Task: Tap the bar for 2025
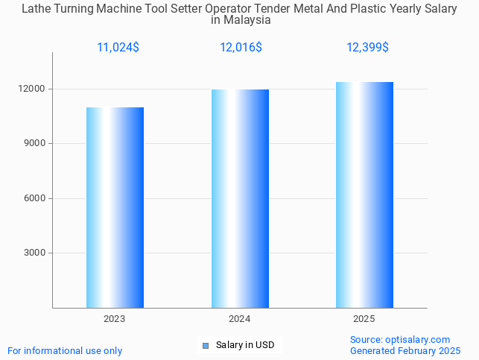364,195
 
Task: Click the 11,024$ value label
118,47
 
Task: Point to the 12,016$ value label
241,47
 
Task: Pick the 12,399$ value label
367,47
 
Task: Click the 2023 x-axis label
115,319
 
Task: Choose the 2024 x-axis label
240,319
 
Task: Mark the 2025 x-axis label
364,319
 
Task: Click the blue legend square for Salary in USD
206,345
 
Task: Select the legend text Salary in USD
245,345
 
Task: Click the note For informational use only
65,350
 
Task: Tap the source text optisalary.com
422,339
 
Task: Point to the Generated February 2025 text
405,350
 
